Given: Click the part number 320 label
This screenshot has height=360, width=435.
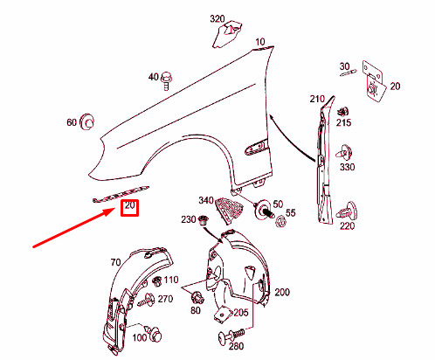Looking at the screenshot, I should [217, 18].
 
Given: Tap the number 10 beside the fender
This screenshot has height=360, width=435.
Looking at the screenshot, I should [260, 42].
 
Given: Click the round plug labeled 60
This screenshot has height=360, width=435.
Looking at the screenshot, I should [86, 122].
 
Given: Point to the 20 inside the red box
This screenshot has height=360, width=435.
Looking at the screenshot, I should [130, 207].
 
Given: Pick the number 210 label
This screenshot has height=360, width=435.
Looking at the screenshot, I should [316, 100].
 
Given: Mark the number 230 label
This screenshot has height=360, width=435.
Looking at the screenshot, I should [188, 219].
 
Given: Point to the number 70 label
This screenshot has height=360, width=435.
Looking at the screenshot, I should [114, 261].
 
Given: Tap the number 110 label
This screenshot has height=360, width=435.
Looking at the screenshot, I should [171, 280].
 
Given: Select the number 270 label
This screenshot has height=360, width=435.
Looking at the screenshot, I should [165, 299].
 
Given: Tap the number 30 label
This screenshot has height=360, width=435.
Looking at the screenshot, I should [344, 65].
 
